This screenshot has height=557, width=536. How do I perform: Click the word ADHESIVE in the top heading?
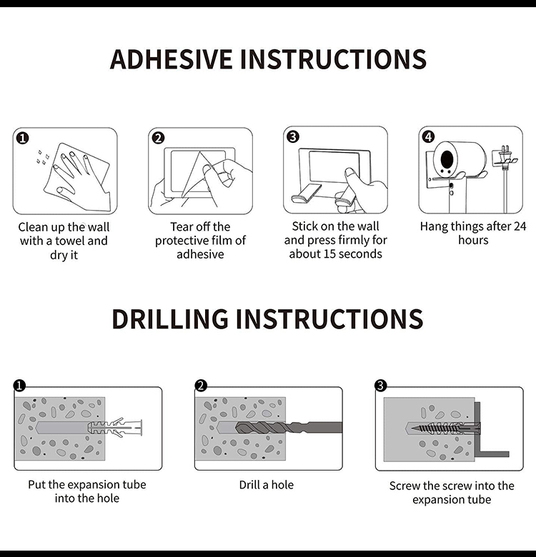[x=171, y=59]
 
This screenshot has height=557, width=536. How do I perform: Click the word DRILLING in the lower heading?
[x=170, y=318]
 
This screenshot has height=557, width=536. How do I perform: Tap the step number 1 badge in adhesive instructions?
[x=22, y=138]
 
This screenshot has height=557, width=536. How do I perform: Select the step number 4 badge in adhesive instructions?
[x=428, y=137]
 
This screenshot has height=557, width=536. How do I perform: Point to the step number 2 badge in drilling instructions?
[x=201, y=386]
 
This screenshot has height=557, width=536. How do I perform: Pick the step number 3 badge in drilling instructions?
[x=381, y=386]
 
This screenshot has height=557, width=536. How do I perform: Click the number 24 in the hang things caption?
[x=520, y=226]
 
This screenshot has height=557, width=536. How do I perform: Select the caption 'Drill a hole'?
[x=267, y=485]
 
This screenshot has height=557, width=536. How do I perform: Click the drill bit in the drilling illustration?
[x=289, y=427]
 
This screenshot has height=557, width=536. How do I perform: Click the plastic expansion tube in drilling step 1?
[x=114, y=427]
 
